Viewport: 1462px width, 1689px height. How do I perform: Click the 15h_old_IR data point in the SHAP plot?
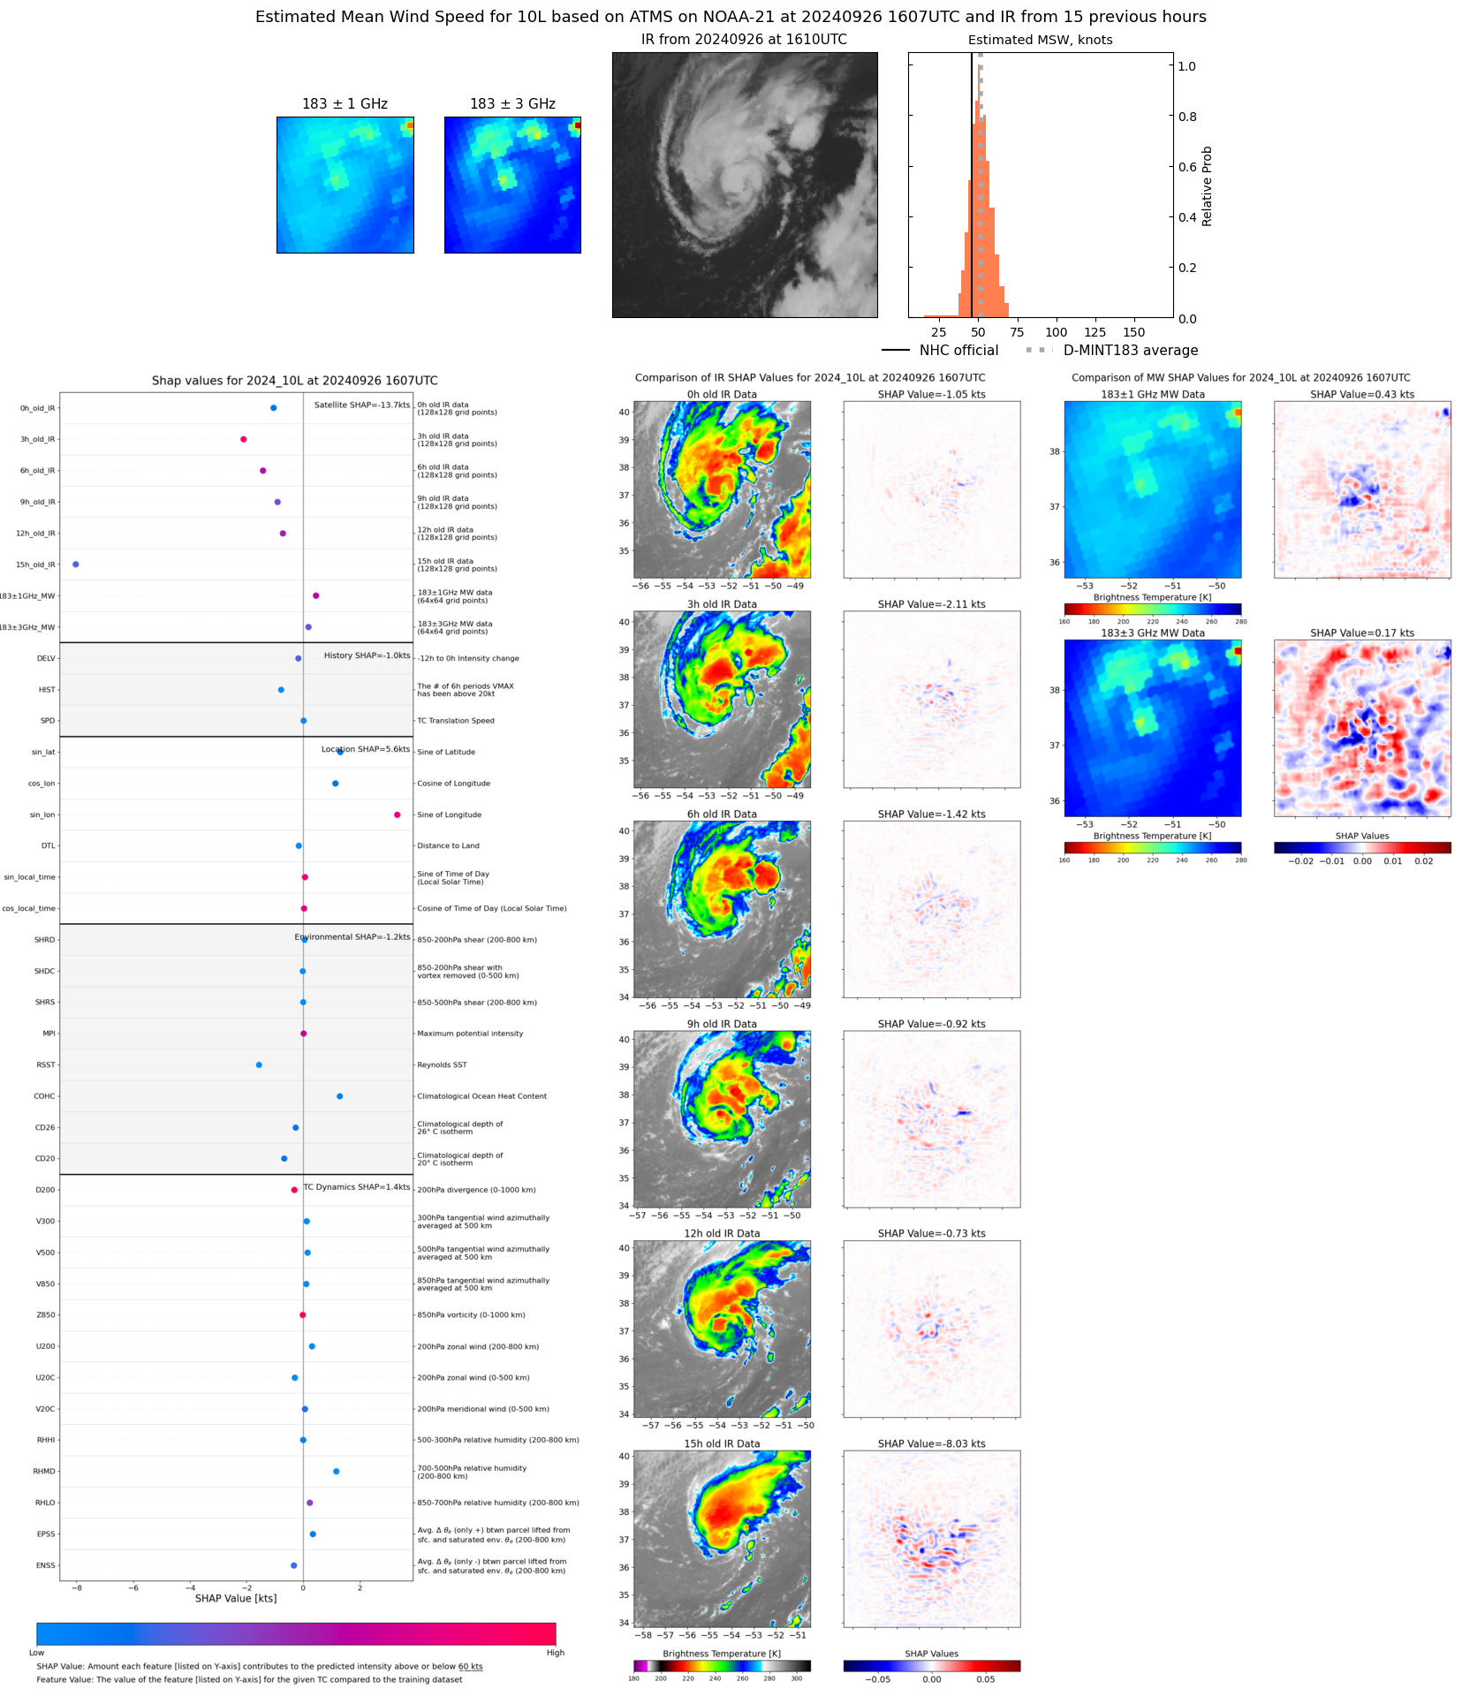tap(76, 564)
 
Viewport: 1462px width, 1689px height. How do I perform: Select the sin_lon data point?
tap(398, 814)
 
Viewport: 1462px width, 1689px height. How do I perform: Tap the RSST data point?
tap(259, 1064)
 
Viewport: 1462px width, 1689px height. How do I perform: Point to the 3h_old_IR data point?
tap(244, 439)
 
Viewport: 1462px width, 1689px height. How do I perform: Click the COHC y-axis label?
tap(44, 1096)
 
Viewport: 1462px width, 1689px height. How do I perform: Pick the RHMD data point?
tap(337, 1471)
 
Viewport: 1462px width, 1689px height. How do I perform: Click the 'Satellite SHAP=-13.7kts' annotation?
tap(362, 405)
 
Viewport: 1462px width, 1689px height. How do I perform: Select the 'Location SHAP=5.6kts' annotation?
tap(366, 749)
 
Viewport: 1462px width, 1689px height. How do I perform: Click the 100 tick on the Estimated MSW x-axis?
tap(1057, 332)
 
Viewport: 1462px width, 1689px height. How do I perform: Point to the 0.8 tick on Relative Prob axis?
tap(1187, 117)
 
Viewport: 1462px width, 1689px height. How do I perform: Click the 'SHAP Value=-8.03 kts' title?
tap(931, 1443)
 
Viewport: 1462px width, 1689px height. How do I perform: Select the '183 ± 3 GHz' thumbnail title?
tap(512, 104)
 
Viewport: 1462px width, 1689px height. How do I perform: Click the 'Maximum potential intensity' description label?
tap(470, 1034)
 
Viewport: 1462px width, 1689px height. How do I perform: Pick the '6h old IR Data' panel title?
tap(722, 814)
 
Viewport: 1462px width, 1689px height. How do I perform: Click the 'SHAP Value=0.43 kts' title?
tap(1362, 394)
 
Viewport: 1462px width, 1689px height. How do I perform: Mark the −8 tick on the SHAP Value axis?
tap(77, 1587)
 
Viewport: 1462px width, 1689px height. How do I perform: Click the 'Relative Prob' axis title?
tap(1207, 186)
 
